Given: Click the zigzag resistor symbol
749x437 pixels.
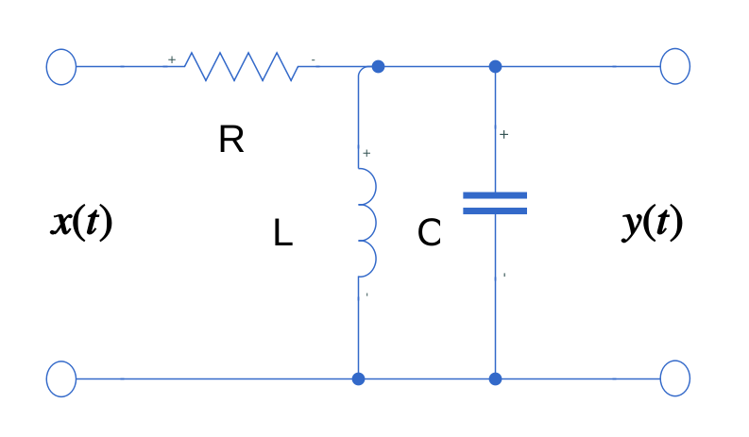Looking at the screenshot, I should tap(241, 66).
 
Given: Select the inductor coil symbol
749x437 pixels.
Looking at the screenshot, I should tap(366, 223).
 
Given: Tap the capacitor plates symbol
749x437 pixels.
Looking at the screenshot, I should tap(495, 203).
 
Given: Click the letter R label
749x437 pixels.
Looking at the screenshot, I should tap(230, 141).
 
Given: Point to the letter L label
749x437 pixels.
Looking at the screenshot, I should tap(282, 233).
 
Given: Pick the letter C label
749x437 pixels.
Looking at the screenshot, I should tap(429, 233).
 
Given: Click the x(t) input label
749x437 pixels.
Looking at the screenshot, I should tap(81, 223).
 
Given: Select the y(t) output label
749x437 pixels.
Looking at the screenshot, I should tap(652, 223).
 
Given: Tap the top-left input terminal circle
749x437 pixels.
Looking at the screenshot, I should tap(61, 66).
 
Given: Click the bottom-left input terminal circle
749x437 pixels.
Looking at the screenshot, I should tap(61, 378).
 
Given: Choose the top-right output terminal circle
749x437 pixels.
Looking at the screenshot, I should tap(675, 66).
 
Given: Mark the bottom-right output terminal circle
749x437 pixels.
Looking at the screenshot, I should tap(675, 378).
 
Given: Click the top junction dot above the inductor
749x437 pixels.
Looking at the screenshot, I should tap(378, 66).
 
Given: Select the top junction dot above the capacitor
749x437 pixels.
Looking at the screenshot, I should tap(495, 66).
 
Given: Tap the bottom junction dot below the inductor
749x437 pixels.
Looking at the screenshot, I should tap(358, 378).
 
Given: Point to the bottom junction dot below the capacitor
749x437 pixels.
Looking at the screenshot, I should tap(495, 378).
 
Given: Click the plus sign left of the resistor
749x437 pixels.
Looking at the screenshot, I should tap(172, 59).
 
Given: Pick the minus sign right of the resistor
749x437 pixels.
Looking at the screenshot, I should tap(314, 60).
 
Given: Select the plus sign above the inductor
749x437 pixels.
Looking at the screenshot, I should tap(366, 153).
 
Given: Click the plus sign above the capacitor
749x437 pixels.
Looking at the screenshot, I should tap(503, 135).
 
